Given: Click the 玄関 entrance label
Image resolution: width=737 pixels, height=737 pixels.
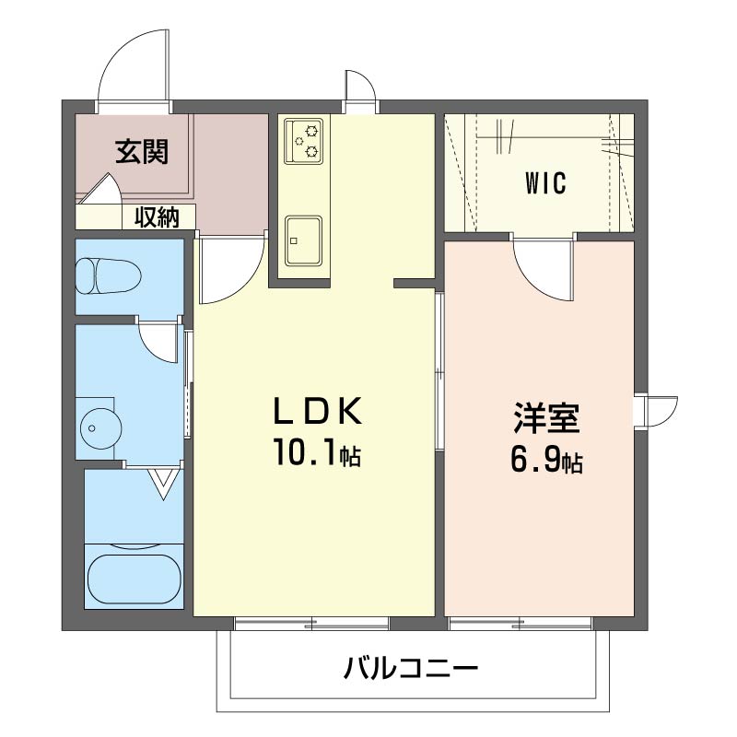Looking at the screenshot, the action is [142, 151].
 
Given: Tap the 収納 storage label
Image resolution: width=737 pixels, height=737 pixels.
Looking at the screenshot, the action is [158, 217].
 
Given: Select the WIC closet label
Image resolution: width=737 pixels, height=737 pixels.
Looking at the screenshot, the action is [545, 183].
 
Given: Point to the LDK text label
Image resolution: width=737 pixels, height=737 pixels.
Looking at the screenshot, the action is [318, 410].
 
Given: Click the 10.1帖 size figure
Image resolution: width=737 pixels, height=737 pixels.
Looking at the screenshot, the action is [317, 452].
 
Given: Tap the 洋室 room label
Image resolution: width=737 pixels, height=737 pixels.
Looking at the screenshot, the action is [546, 417].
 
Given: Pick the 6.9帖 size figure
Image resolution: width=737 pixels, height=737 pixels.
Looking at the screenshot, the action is [546, 461].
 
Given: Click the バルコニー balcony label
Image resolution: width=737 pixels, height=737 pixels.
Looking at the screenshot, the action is [410, 668].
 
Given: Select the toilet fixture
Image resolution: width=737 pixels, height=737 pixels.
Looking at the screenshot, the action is [109, 275].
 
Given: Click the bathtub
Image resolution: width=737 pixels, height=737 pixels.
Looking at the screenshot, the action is [134, 575].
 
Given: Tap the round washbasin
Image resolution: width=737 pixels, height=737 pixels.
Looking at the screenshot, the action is [101, 428].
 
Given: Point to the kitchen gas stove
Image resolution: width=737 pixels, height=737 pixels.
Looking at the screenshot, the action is [304, 141].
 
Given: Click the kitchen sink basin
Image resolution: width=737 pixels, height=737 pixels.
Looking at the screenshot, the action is [304, 241].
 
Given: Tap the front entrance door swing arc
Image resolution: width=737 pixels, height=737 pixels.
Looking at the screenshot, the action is [133, 65].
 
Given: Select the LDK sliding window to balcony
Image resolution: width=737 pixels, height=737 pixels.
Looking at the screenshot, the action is [311, 624].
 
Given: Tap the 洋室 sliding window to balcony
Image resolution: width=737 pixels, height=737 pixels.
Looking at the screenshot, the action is [521, 624].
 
